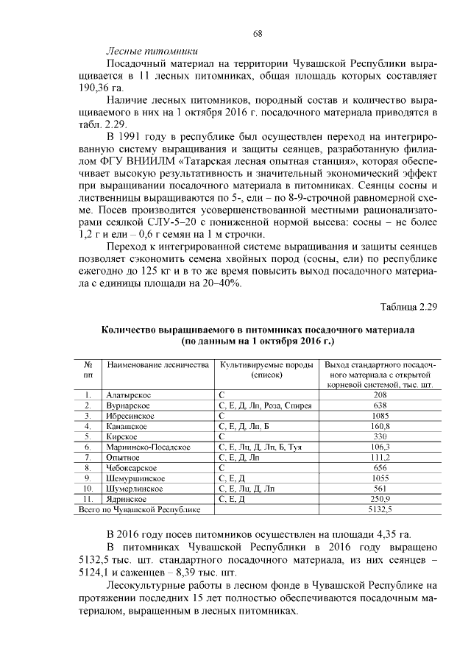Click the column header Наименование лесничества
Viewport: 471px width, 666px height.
153,365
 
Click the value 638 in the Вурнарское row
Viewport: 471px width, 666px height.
380,405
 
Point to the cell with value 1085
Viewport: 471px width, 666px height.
380,416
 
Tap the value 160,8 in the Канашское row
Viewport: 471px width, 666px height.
380,426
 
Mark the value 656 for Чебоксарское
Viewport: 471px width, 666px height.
380,467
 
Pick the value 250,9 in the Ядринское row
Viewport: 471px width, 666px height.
380,498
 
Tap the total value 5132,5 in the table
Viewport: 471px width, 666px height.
380,509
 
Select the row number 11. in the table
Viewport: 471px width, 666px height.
88,498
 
